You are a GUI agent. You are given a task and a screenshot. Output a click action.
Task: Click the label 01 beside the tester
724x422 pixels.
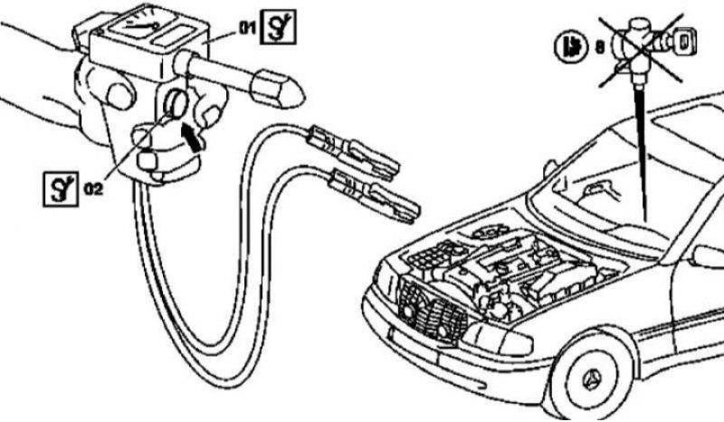coord(247,28)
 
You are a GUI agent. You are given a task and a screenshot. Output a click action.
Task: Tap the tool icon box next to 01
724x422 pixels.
coord(278,27)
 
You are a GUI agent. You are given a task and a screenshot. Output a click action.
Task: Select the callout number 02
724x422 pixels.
coord(94,188)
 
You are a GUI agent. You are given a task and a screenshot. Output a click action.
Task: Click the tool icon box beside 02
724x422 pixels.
coord(61,188)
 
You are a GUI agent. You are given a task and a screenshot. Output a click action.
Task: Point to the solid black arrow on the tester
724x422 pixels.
coord(194,137)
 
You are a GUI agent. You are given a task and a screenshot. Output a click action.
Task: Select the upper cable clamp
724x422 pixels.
coord(354,150)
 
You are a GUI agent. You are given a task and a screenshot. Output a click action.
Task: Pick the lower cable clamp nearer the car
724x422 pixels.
coord(375,194)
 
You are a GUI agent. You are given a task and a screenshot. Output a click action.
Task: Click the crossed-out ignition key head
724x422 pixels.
coord(685,42)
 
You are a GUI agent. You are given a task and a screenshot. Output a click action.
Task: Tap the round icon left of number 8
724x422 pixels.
coord(571,47)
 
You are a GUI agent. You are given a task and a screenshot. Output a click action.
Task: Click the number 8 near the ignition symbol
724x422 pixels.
coord(600,47)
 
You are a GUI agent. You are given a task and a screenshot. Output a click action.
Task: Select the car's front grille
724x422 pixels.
coord(432,310)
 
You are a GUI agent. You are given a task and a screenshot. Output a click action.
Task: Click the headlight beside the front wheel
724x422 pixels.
coord(498,340)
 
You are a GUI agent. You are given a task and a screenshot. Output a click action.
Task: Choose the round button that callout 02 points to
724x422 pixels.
coord(176,103)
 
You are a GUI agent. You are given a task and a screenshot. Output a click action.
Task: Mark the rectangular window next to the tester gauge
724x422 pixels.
coord(175,36)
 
